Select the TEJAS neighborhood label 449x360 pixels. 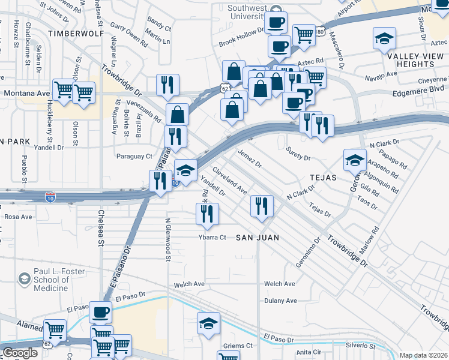(323, 178)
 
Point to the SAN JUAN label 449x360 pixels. (257, 238)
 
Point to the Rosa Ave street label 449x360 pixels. (18, 217)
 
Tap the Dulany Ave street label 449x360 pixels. (280, 301)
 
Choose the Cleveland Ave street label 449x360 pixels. (229, 180)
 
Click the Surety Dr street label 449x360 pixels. (298, 158)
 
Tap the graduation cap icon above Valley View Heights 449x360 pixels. (384, 39)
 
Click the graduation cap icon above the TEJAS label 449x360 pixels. (355, 160)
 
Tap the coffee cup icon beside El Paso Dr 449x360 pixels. (100, 312)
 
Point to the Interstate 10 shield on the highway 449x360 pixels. (51, 196)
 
